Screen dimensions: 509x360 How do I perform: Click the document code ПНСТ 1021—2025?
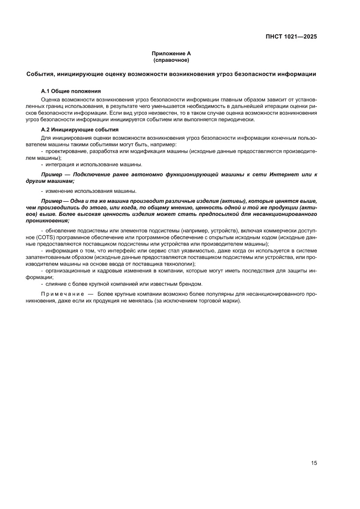tap(291, 37)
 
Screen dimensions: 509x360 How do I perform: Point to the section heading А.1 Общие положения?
tap(71, 91)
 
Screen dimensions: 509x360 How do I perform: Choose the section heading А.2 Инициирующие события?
tap(80, 130)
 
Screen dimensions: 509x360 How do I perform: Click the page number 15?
tap(314, 463)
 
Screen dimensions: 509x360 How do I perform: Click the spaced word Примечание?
tap(61, 294)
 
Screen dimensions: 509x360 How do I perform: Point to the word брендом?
tap(191, 284)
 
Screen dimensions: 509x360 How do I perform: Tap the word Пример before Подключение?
tap(50, 175)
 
